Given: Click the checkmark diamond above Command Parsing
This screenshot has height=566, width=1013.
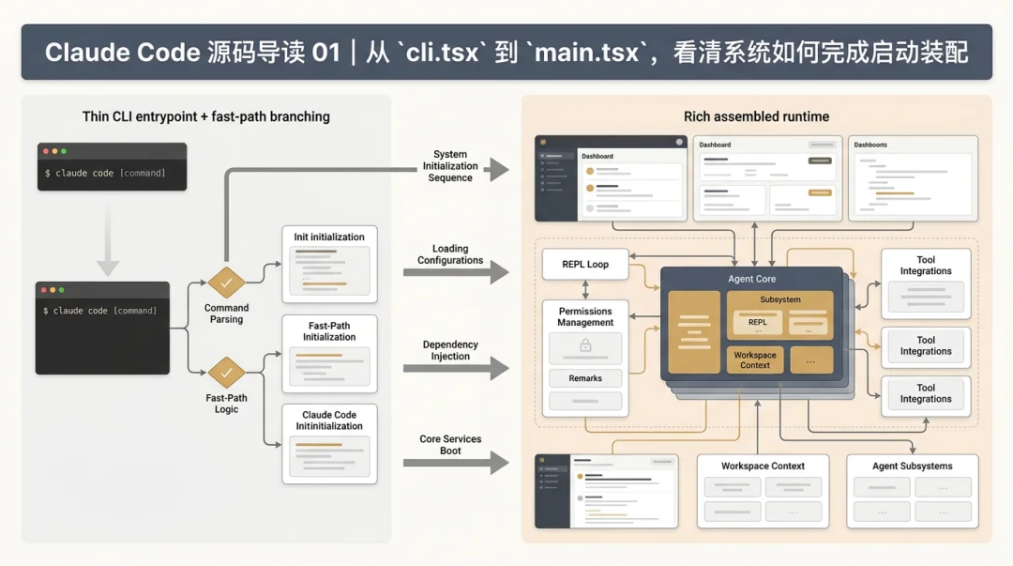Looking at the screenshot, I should tap(226, 282).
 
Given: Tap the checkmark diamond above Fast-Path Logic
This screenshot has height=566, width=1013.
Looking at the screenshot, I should tap(226, 373).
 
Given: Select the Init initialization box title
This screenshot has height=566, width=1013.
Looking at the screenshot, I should tap(329, 237).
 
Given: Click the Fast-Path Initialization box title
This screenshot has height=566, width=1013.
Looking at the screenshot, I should tap(329, 331).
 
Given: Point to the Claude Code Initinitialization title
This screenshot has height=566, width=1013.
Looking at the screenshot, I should tap(329, 420).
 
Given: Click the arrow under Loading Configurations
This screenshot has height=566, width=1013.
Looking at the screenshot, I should tap(456, 272).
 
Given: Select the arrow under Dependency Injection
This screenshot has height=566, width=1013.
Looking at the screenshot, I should tap(456, 368).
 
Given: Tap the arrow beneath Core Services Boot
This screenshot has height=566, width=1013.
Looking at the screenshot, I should tap(456, 462).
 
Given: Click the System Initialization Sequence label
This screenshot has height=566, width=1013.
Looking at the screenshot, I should tap(450, 166).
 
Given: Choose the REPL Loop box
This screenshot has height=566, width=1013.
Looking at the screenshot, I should tap(585, 265).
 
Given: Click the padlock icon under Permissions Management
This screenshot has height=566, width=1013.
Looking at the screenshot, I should tap(585, 346).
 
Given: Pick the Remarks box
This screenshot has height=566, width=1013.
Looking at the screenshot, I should tap(585, 378).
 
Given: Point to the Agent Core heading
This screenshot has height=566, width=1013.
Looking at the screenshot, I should tap(751, 279).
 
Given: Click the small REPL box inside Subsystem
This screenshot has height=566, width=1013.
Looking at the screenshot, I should tap(757, 323).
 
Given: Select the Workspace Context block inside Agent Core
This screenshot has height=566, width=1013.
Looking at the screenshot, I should tap(755, 360).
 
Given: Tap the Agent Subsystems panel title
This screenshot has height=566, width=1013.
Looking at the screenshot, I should tap(912, 466).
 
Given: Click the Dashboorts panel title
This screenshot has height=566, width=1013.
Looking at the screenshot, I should tap(870, 145).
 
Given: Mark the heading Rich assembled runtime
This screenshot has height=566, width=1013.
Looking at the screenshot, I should tap(756, 116).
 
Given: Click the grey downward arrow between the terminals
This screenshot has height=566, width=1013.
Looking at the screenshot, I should tap(108, 241).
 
